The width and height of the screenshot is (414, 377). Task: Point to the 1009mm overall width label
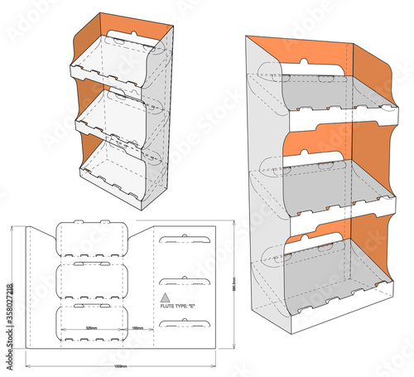[x=121, y=365]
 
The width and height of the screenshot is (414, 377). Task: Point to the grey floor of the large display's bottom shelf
[x=331, y=269]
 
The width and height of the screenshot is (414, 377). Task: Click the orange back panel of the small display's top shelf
[x=124, y=50]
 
